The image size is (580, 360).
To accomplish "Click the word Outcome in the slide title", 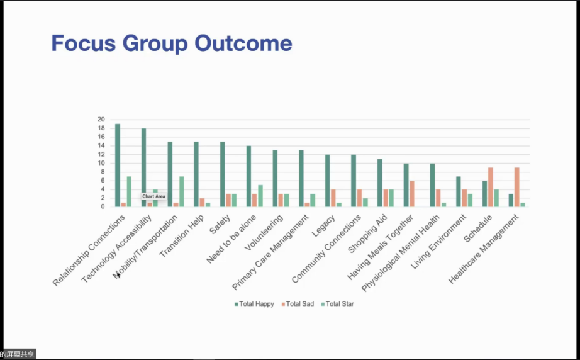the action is click(243, 43).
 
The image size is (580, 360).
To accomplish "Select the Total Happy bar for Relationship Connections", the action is click(118, 166).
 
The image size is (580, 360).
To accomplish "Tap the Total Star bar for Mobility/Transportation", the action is click(182, 192).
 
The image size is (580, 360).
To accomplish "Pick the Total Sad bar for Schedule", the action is click(491, 187).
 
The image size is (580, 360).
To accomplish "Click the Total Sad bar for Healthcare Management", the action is click(516, 187).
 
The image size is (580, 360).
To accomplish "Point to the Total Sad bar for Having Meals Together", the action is click(411, 194).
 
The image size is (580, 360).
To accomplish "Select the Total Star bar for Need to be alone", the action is click(260, 196).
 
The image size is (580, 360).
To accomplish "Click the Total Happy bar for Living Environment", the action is click(459, 192).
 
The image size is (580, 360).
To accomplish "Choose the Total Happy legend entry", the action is click(254, 304).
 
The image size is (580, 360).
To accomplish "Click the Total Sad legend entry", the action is click(298, 304).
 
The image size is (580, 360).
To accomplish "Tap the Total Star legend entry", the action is click(337, 304).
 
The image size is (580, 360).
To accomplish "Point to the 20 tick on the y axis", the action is click(101, 120).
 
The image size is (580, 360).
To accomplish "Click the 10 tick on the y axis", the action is click(101, 163).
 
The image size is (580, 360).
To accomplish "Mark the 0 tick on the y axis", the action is click(103, 207).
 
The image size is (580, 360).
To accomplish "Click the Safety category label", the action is click(220, 224).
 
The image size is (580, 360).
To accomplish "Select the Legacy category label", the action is click(323, 226).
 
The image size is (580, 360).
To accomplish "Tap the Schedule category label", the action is click(478, 228).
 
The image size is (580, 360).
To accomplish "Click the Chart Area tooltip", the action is click(153, 196).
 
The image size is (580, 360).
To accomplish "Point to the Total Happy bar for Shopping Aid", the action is click(380, 183).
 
